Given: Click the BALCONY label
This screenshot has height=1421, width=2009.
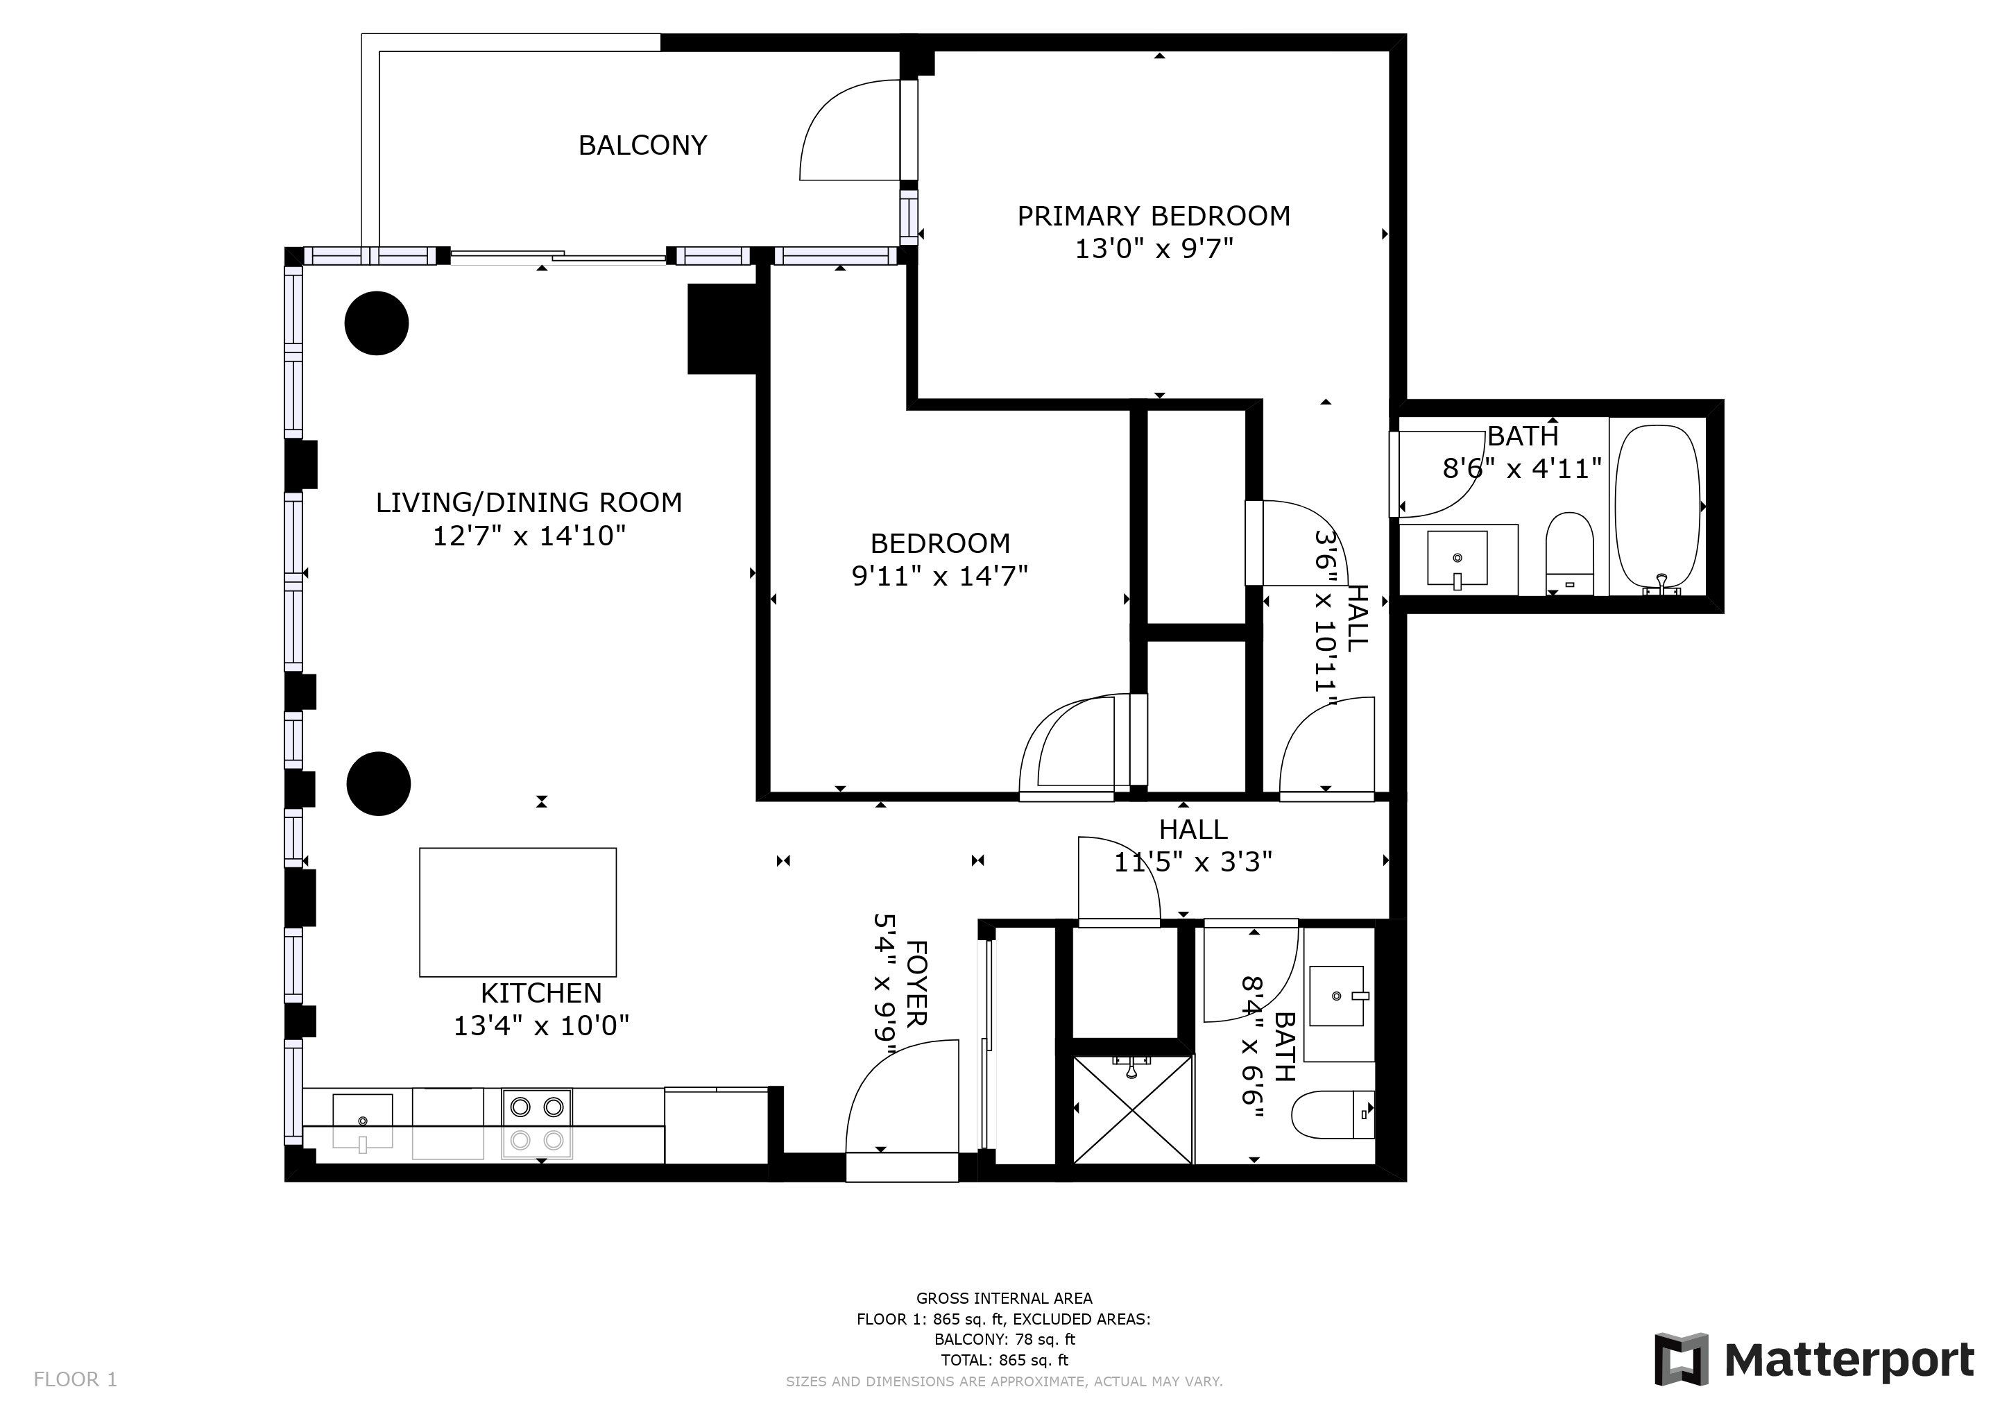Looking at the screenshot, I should pos(642,145).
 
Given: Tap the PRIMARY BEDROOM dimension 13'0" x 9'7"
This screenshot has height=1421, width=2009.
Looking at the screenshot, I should pos(1153,249).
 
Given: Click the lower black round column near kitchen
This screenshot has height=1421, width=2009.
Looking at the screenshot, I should pos(378,783).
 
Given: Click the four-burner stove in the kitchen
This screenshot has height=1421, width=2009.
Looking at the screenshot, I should pos(536,1123).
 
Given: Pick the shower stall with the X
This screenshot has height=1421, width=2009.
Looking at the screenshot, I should pos(1132,1109).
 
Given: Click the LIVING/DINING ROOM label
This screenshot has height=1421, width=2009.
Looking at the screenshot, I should pos(529,503).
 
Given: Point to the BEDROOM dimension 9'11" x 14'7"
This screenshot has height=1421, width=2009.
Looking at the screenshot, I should pos(940,576).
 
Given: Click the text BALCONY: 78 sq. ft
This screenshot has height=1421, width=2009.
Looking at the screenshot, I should pos(1004,1338).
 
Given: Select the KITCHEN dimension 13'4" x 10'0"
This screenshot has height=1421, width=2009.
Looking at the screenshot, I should pos(540,1026).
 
